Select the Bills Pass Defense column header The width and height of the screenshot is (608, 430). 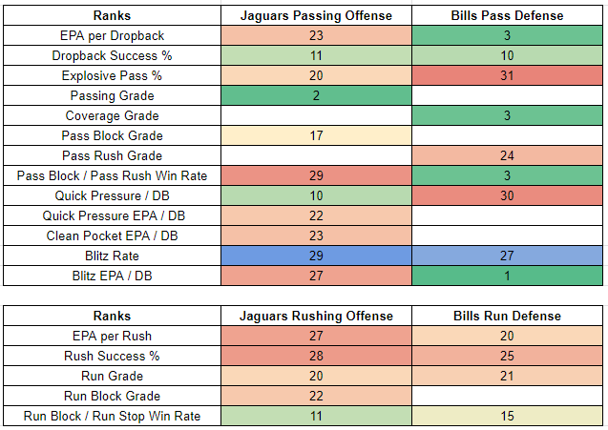pyautogui.click(x=506, y=16)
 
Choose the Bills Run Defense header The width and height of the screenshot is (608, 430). pyautogui.click(x=506, y=316)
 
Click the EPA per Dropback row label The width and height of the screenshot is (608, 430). pyautogui.click(x=112, y=36)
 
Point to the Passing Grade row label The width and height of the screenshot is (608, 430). pyautogui.click(x=112, y=96)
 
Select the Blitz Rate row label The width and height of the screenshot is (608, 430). pyautogui.click(x=112, y=256)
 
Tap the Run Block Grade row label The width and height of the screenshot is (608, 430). pyautogui.click(x=112, y=396)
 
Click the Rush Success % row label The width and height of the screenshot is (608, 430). pyautogui.click(x=112, y=356)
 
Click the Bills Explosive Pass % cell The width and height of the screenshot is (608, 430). pyautogui.click(x=506, y=76)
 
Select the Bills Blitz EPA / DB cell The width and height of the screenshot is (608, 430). pyautogui.click(x=506, y=276)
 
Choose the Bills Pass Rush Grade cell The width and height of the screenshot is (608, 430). pyautogui.click(x=506, y=155)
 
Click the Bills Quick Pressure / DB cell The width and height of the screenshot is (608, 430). pyautogui.click(x=506, y=195)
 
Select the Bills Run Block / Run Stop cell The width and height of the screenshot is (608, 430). pyautogui.click(x=506, y=416)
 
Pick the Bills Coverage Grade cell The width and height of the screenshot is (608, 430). pyautogui.click(x=506, y=116)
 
